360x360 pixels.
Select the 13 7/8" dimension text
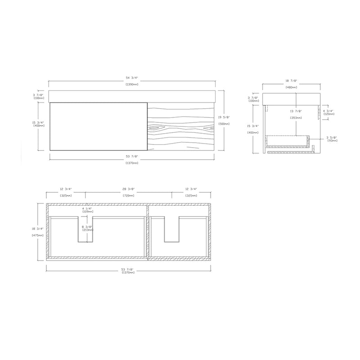(296, 111)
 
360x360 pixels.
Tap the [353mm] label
(296, 117)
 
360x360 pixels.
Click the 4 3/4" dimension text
(329, 110)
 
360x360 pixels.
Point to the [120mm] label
(329, 114)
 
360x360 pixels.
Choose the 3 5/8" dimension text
(332, 138)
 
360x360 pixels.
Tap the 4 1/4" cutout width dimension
(87, 208)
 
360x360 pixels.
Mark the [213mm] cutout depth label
(87, 230)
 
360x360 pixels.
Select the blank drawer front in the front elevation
(98, 127)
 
